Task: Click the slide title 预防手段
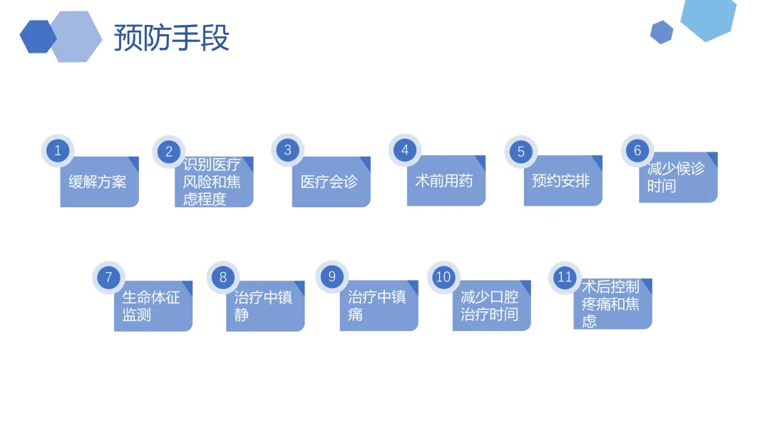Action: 171,37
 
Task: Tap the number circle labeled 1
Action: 58,150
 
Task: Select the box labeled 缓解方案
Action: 100,182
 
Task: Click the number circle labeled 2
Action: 169,152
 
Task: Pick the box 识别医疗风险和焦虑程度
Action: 214,182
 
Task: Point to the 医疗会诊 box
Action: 332,182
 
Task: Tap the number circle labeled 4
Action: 405,150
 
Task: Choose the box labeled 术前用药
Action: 446,180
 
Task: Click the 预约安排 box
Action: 563,180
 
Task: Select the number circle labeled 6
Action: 637,150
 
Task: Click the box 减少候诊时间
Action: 678,177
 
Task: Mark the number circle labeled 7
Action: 108,278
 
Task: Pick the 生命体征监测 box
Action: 153,306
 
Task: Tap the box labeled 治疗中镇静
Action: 265,306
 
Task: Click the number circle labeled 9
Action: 332,277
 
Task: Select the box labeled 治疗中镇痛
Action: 379,306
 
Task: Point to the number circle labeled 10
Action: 443,277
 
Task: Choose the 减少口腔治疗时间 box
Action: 491,306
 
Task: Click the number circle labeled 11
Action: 565,278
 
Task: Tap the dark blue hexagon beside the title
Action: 38,36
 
